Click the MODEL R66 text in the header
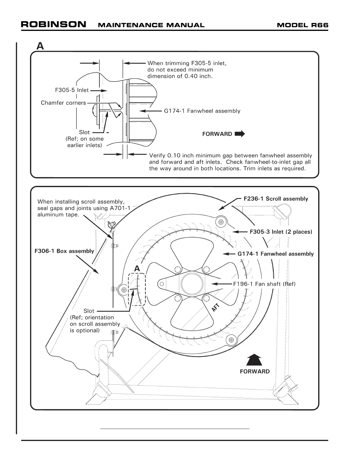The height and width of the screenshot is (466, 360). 303,25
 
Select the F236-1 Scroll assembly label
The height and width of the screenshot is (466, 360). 276,199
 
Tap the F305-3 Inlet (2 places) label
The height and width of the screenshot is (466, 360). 281,232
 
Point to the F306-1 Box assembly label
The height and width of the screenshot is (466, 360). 64,251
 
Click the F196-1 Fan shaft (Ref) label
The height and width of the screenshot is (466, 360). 264,284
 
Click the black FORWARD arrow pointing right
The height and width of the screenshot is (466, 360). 240,134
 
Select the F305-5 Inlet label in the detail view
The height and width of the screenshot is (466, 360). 72,90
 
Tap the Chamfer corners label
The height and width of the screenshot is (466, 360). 63,103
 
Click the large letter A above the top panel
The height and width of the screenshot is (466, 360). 40,46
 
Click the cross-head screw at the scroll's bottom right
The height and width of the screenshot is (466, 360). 232,340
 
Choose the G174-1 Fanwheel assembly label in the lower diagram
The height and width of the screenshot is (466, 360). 275,254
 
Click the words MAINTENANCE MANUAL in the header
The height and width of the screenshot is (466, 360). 151,25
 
